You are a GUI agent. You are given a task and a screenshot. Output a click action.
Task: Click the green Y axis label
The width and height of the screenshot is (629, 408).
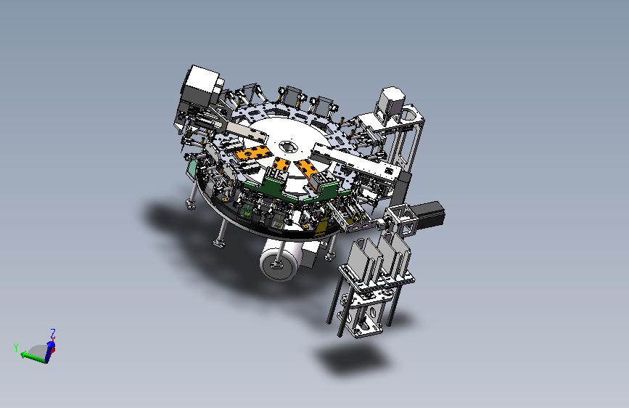tap(16, 347)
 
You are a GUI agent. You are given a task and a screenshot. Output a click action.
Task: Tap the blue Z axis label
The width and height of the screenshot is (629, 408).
tap(52, 333)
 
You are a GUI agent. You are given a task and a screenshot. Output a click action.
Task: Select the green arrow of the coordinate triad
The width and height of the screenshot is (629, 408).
tap(33, 357)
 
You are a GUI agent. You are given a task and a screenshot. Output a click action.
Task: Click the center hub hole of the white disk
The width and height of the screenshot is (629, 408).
tap(287, 147)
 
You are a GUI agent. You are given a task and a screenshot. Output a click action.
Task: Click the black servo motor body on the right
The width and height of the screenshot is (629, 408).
tap(429, 214)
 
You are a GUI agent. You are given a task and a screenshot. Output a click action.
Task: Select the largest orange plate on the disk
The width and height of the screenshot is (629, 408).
tap(252, 154)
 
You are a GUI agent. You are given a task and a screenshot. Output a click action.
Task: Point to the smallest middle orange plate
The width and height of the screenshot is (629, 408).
tap(281, 165)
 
